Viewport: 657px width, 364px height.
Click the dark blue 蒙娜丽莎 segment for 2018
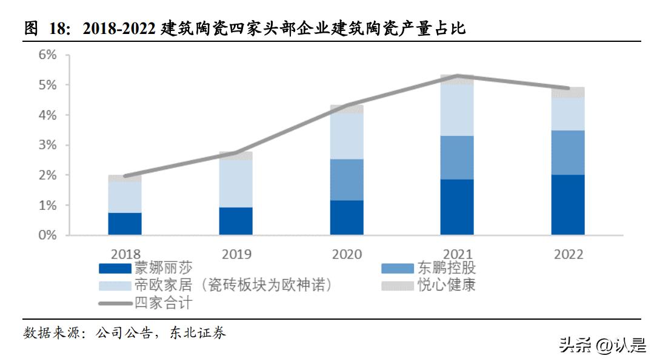[x=125, y=223]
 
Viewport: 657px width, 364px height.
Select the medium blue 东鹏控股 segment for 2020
[x=347, y=180]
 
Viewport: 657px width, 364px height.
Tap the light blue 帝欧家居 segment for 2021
[x=457, y=110]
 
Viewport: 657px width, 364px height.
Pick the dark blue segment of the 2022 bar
[x=568, y=204]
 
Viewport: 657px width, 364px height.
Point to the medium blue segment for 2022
[x=568, y=152]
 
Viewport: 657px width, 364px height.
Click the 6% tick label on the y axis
[x=47, y=55]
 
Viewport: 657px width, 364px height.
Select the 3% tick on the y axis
[x=47, y=145]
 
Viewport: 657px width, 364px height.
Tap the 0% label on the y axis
[x=47, y=235]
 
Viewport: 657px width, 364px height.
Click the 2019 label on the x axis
[x=236, y=254]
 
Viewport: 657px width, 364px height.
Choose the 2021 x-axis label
[x=457, y=254]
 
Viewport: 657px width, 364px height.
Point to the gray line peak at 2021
[x=457, y=76]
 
